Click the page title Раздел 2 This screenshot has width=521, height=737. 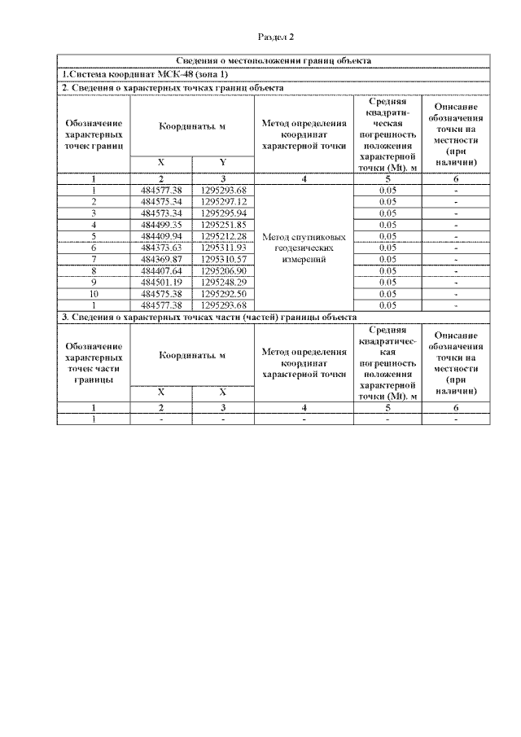coord(275,37)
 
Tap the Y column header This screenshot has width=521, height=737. coord(222,162)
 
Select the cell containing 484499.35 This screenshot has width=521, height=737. coord(160,225)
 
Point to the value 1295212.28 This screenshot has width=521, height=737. coord(223,236)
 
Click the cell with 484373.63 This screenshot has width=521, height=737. coord(160,248)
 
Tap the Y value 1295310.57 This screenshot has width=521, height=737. coord(223,259)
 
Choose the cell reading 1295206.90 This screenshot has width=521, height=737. coord(223,270)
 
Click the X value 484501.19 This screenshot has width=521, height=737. coord(160,282)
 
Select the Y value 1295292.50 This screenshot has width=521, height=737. coord(223,293)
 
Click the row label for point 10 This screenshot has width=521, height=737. coord(94,293)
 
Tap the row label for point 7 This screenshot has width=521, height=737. coord(94,259)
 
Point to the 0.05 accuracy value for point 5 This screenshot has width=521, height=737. coord(387,236)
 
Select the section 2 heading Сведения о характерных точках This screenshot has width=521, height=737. coord(173,87)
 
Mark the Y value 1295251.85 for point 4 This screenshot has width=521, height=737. coord(223,225)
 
